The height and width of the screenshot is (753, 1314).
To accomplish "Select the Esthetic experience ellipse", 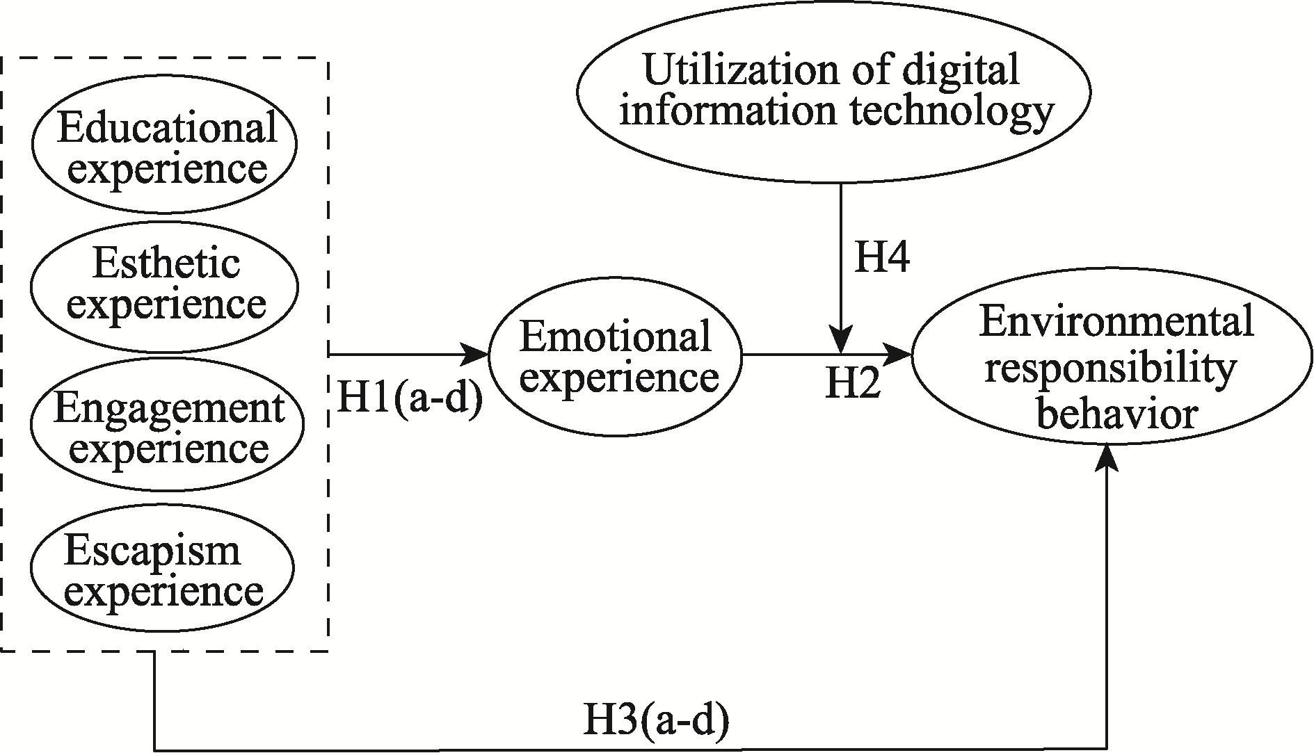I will tap(165, 286).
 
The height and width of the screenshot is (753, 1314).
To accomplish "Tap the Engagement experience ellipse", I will tap(167, 424).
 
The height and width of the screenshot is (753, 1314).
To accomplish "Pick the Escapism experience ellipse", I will tap(162, 569).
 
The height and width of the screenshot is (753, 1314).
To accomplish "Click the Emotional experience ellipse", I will tap(616, 356).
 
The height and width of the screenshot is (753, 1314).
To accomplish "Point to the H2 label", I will tap(853, 383).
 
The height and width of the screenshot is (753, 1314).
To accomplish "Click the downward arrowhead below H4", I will tap(842, 342).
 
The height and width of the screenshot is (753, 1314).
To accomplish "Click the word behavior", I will tap(1117, 415).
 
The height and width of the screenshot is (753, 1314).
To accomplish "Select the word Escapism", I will tap(152, 551).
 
